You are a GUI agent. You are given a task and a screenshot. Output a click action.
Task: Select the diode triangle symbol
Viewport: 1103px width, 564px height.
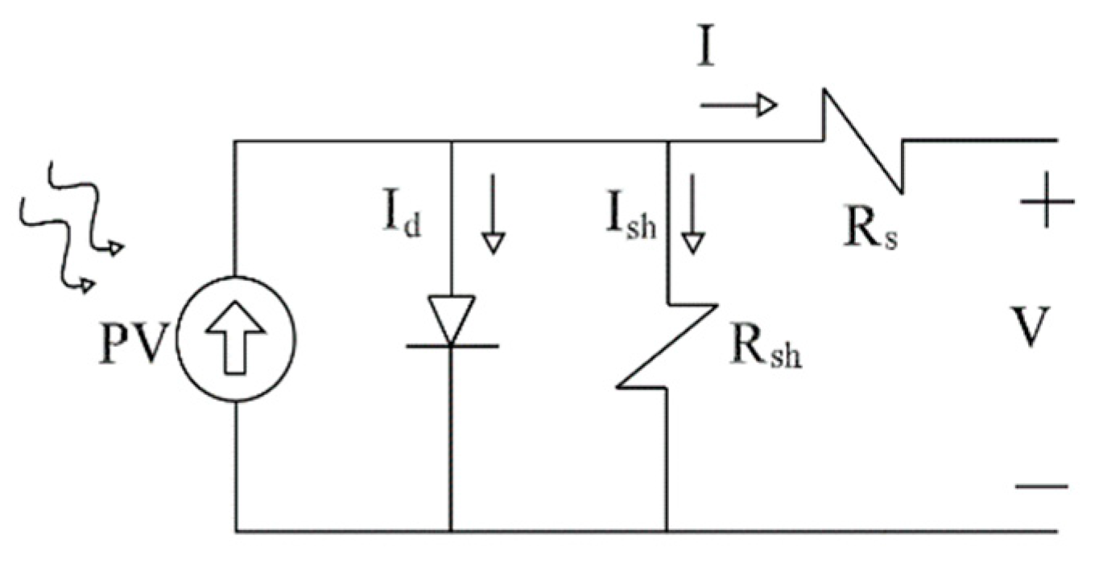pos(451,315)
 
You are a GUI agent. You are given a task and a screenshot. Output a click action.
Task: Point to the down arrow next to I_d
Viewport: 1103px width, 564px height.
pos(492,213)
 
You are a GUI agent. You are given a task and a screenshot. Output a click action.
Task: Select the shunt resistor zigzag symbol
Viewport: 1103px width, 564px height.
pos(667,346)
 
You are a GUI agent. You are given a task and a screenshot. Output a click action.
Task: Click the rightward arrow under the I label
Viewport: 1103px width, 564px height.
pos(737,105)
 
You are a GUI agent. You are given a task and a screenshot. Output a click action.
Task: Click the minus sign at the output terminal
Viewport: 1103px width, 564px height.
pos(1041,485)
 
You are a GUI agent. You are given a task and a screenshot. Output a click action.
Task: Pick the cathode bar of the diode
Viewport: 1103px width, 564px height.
pos(451,345)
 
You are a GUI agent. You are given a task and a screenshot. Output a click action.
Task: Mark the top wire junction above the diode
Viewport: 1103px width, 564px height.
pos(451,142)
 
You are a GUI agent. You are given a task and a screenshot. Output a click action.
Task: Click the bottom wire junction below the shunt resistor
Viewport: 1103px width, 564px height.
pos(667,531)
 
